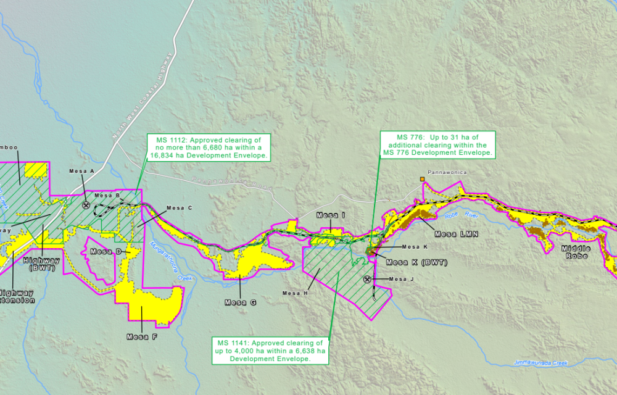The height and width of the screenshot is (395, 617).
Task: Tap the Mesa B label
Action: [x=107, y=196]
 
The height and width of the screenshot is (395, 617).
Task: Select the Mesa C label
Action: [x=180, y=208]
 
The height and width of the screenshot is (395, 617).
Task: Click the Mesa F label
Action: [x=142, y=336]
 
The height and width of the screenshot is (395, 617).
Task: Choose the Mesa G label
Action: [x=240, y=302]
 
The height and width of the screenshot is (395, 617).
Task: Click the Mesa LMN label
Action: [x=457, y=234]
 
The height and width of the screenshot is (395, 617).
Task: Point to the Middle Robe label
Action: [x=576, y=252]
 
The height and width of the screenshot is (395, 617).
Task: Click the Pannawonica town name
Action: [x=446, y=174]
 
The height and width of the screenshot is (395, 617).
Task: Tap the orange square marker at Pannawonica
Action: [x=423, y=180]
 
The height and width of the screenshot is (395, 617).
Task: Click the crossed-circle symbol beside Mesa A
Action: [x=86, y=205]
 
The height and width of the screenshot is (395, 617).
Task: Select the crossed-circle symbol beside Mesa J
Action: [x=368, y=279]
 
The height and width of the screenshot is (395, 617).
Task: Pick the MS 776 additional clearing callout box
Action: [x=437, y=144]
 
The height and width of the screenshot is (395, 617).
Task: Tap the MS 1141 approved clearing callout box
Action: [x=269, y=350]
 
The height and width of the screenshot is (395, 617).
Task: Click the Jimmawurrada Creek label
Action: [x=540, y=363]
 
